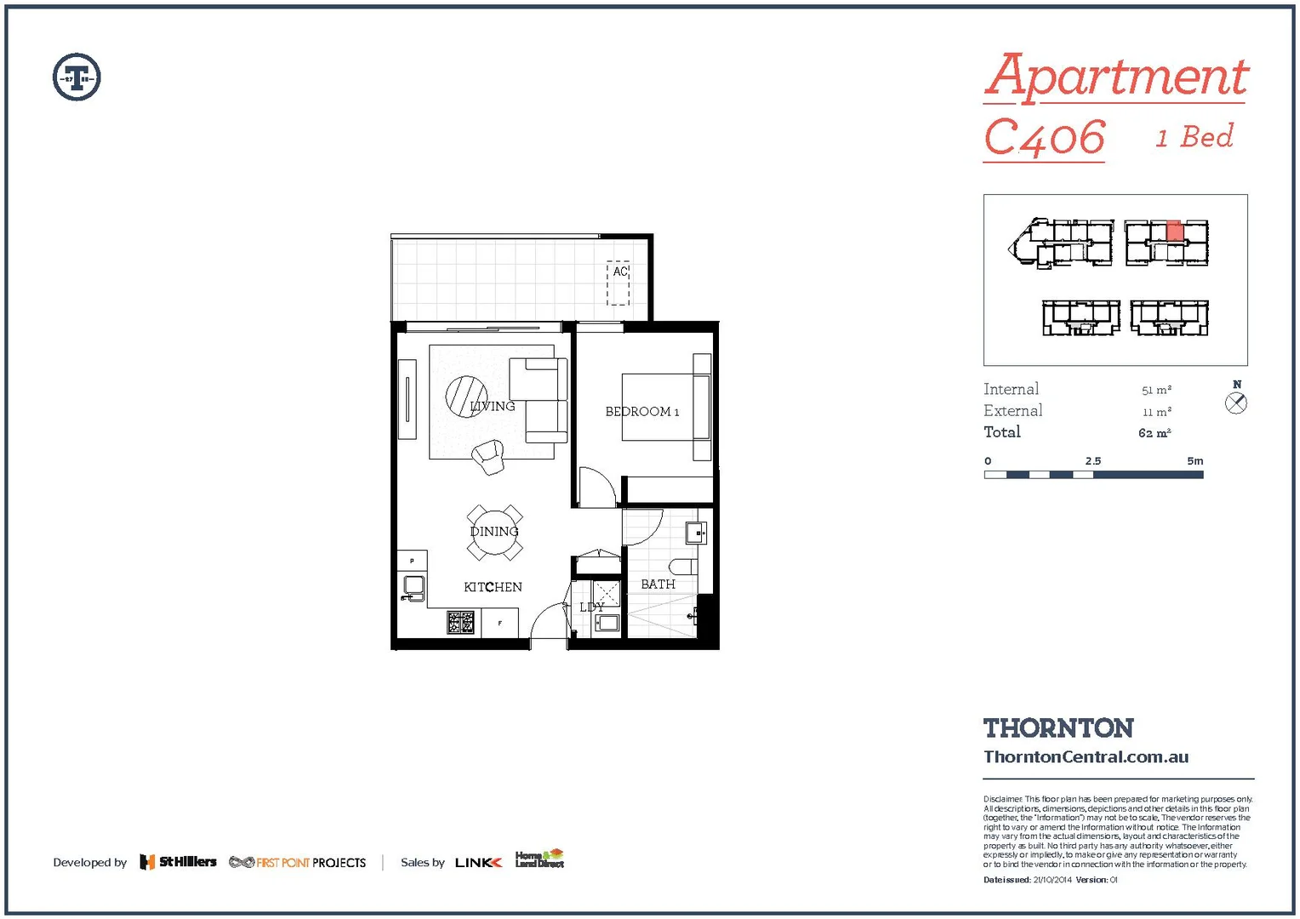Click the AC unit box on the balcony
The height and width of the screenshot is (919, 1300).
point(618,283)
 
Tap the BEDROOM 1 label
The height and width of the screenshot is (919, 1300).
point(641,412)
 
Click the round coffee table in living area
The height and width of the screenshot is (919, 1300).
point(466,397)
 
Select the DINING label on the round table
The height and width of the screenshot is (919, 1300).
point(494,532)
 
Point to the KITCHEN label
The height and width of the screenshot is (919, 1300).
point(493,587)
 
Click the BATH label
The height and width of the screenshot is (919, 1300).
point(658,585)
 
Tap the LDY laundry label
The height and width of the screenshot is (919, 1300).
point(591,608)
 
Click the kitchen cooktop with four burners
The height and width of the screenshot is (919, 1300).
point(460,623)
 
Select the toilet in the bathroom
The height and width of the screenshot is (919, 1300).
point(683,567)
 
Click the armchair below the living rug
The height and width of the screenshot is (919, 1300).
point(488,457)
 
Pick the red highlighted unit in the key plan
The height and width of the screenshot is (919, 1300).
point(1174,231)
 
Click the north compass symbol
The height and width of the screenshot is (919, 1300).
point(1236,403)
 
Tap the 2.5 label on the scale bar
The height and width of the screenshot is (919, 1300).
point(1092,461)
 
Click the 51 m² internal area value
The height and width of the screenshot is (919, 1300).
point(1156,390)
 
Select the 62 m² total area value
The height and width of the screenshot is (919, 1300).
point(1155,433)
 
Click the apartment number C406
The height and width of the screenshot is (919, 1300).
point(1045,139)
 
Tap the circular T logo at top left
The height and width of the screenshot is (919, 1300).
point(77,77)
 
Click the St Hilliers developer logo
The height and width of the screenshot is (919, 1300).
point(179,862)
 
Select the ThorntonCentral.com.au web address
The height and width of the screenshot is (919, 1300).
point(1086,756)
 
